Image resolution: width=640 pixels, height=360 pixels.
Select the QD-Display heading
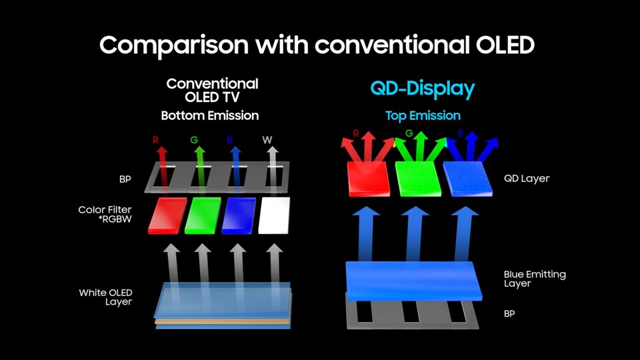(x=423, y=89)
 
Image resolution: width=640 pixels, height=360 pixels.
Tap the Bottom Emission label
(x=209, y=115)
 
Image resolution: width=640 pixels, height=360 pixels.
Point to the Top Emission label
(x=423, y=115)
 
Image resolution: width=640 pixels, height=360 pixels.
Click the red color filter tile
(x=167, y=215)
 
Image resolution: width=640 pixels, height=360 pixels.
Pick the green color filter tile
(x=203, y=215)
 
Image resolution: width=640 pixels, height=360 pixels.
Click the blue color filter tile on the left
(x=239, y=215)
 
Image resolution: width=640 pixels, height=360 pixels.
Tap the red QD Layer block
(x=370, y=178)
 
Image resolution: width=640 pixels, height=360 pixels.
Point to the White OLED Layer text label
(x=105, y=297)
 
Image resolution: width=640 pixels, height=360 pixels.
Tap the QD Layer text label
(x=527, y=179)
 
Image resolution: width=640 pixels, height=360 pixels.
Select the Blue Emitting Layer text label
(x=535, y=279)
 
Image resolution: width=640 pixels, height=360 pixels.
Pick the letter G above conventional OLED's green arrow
(x=193, y=140)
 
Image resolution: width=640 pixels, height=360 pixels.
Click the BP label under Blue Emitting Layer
(x=509, y=313)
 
